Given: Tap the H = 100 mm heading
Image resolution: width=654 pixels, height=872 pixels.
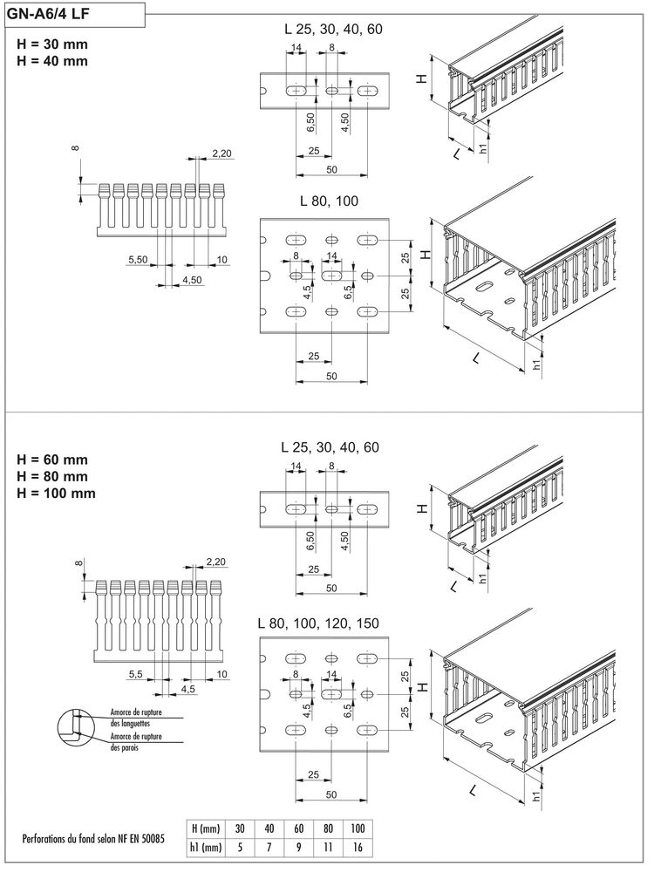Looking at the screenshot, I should (x=57, y=494).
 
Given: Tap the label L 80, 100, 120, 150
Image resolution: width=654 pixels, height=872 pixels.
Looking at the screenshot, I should (x=319, y=624).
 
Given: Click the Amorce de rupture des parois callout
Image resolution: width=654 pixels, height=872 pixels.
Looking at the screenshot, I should (x=131, y=741).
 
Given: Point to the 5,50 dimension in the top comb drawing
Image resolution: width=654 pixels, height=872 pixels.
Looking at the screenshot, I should (x=138, y=260).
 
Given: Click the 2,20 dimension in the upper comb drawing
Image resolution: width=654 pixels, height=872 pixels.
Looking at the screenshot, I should (x=221, y=154).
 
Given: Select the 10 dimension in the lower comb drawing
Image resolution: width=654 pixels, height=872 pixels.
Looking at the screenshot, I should (x=221, y=675).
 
